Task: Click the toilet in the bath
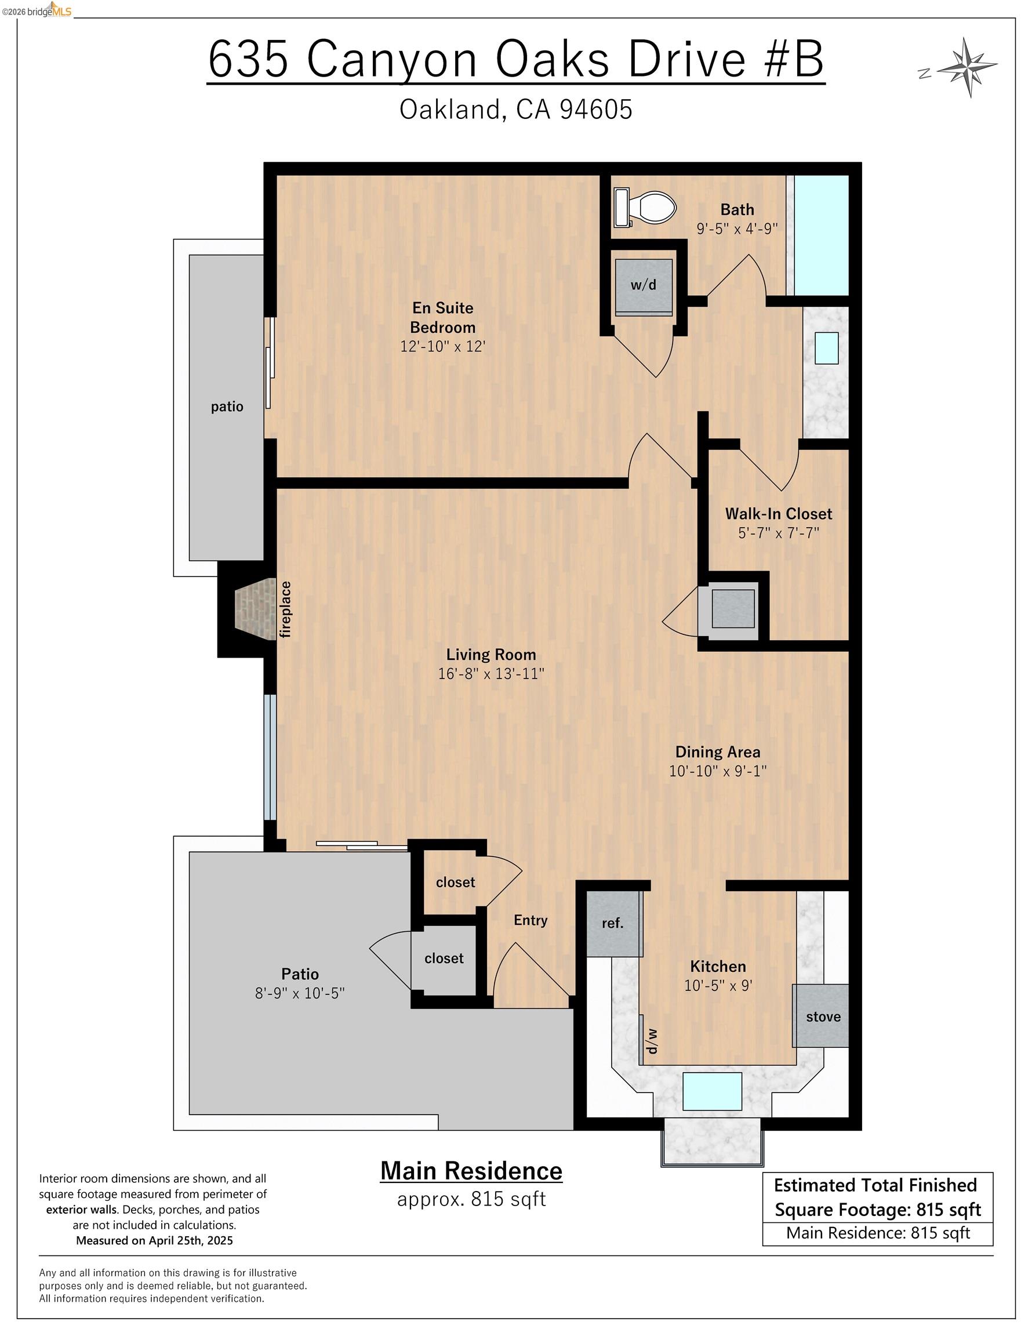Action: click(646, 208)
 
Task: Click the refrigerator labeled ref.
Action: click(613, 923)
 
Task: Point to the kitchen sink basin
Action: click(712, 1091)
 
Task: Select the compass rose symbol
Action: click(966, 67)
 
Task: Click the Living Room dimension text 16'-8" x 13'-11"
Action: click(491, 673)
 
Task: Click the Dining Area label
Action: click(718, 752)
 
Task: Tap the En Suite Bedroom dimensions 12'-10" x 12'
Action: click(443, 346)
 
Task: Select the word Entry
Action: click(530, 921)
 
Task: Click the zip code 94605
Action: click(597, 110)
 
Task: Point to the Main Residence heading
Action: click(472, 1171)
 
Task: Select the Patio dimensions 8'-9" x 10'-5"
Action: click(300, 993)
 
